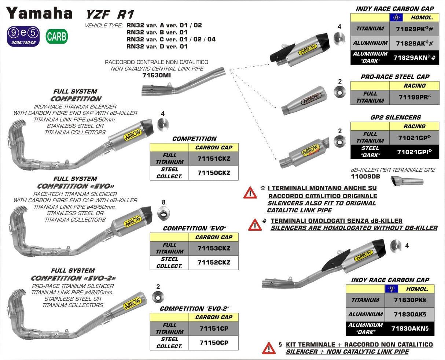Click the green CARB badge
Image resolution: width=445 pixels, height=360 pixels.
[x=57, y=37]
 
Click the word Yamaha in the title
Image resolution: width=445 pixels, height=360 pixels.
[x=39, y=14]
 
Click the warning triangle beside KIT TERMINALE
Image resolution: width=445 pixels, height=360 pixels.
[x=269, y=348]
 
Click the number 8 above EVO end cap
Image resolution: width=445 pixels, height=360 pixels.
[x=163, y=202]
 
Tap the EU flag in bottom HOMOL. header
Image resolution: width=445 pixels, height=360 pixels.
[x=391, y=289]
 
